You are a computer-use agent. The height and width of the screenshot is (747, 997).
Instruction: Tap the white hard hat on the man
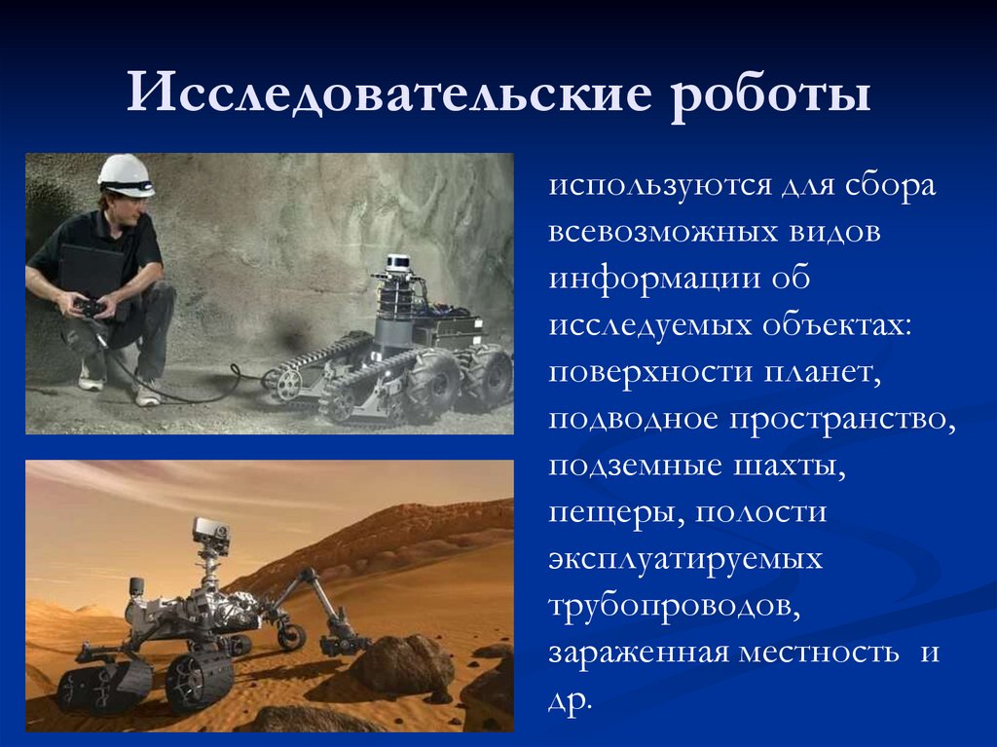tap(126, 174)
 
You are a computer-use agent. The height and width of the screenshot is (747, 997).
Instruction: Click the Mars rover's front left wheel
tap(199, 678)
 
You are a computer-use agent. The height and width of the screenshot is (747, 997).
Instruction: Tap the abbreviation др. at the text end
tap(570, 698)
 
